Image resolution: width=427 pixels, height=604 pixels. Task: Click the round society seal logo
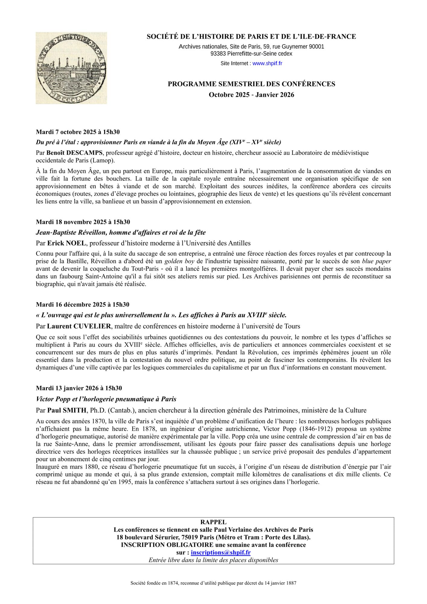[71, 68]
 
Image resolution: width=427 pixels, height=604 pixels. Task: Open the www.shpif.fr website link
[267, 63]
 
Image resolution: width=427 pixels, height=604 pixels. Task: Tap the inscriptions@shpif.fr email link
[220, 553]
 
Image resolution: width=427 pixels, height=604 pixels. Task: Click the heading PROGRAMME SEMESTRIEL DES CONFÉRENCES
[251, 84]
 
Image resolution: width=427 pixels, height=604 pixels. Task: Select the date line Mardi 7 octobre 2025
[78, 132]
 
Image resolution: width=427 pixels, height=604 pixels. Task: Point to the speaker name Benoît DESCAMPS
[74, 153]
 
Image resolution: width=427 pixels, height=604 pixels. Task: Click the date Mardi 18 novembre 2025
[83, 222]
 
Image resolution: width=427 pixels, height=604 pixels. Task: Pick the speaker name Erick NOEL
[66, 243]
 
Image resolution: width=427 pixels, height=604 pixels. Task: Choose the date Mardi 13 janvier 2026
[79, 388]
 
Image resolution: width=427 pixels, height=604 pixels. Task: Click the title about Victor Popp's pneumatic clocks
[106, 399]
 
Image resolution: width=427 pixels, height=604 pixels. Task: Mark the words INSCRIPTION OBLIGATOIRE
[167, 545]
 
